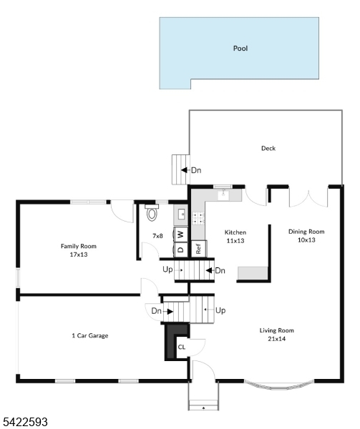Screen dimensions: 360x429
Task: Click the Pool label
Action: click(240, 49)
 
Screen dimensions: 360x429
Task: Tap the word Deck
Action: click(268, 148)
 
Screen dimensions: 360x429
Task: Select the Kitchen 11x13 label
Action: click(235, 237)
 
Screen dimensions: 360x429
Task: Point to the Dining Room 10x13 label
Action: click(306, 235)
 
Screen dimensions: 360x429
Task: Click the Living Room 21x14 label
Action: click(277, 335)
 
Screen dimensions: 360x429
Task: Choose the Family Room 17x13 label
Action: click(79, 250)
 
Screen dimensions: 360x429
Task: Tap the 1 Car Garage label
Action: click(90, 335)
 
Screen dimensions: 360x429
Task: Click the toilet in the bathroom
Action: click(152, 212)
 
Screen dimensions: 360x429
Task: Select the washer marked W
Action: click(180, 235)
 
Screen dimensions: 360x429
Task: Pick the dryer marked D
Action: click(180, 250)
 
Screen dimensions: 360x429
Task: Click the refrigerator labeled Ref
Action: click(198, 249)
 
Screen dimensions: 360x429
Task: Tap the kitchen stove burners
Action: click(198, 218)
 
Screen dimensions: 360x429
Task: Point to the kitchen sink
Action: click(224, 194)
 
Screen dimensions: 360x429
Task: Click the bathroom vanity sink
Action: click(180, 214)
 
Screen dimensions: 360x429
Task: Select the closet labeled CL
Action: click(182, 347)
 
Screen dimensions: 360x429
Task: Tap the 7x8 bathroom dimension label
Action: click(157, 236)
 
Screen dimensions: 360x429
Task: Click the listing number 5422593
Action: click(25, 422)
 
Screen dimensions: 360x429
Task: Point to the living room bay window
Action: click(278, 384)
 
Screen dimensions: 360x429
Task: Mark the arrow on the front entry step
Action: click(203, 408)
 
